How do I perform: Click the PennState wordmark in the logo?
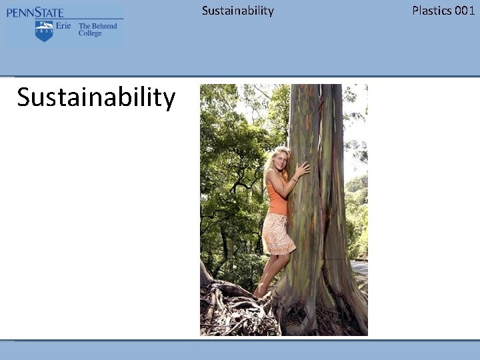coord(35,13)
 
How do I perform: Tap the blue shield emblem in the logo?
coord(44,31)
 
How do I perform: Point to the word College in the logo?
coord(90,33)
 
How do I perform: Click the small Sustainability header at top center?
coord(237,10)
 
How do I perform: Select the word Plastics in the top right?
coord(431,10)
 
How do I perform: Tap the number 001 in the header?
coord(464,10)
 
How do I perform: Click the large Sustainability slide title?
coord(96,97)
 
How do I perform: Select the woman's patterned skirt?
coord(277,233)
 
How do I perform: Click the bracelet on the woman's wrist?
coord(294,179)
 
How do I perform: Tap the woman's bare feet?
coord(261,292)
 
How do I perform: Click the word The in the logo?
coord(84,26)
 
